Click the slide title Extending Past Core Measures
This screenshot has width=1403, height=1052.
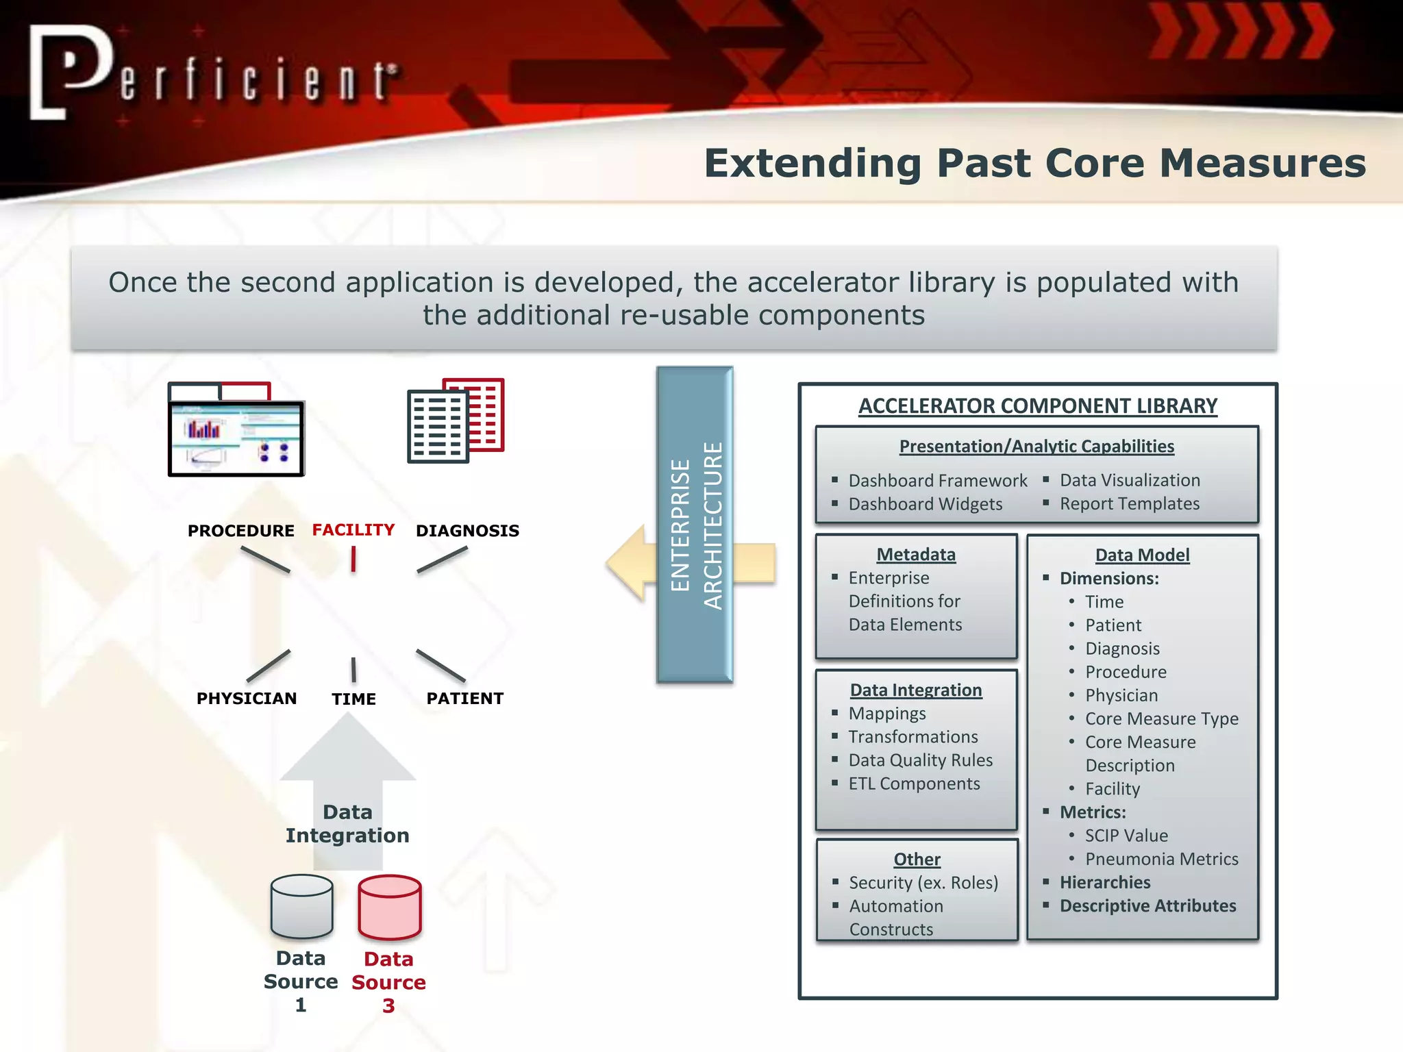[1034, 164]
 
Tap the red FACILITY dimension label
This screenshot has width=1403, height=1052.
[353, 530]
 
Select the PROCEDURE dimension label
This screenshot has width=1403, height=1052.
[240, 531]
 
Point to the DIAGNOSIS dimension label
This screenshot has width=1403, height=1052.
[467, 531]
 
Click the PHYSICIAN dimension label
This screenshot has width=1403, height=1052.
[247, 699]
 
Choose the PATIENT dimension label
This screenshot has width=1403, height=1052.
[464, 699]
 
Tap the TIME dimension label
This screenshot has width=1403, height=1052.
[353, 699]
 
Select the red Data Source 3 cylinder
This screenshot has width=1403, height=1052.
[389, 907]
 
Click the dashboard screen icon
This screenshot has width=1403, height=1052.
[236, 430]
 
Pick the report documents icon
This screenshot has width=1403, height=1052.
[456, 420]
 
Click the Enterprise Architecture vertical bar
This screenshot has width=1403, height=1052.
[695, 525]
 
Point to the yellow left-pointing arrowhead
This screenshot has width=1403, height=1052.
[627, 563]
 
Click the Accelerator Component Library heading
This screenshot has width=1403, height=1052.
[1038, 406]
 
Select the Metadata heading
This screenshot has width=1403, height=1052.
[916, 555]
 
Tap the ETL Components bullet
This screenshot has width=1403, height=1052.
[914, 784]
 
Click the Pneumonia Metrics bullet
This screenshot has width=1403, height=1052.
[1161, 859]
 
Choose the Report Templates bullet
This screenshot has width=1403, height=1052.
[1129, 504]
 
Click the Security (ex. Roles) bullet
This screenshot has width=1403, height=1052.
[923, 883]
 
